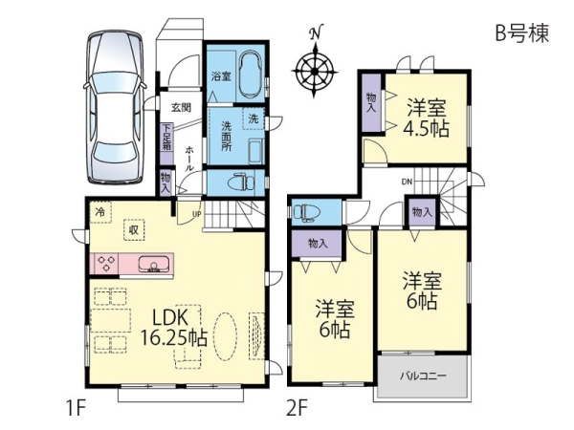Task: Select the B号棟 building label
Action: pos(522,33)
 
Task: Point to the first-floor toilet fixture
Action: pos(240,182)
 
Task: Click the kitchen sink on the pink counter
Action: pos(154,264)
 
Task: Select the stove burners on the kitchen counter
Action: pos(106,264)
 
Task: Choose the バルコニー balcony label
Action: pos(423,376)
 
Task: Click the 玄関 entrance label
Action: pos(181,107)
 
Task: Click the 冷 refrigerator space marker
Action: pos(99,212)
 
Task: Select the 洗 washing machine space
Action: pos(253,118)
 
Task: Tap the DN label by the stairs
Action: pos(407,182)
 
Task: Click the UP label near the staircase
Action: pos(196,214)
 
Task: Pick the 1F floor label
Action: pos(77,408)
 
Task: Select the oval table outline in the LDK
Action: pos(225,336)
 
